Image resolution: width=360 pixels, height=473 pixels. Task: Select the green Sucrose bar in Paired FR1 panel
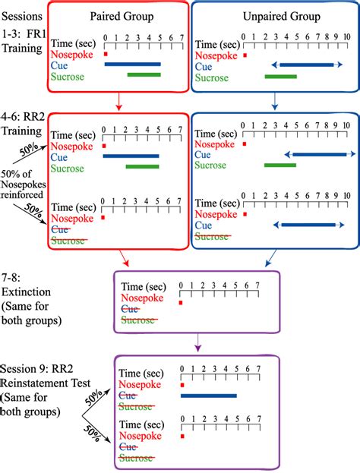coord(144,74)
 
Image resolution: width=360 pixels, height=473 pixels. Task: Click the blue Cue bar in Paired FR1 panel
coord(132,64)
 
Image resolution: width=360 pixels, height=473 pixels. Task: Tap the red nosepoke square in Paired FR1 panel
coord(106,54)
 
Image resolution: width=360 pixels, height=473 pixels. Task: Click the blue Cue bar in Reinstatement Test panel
coord(209,395)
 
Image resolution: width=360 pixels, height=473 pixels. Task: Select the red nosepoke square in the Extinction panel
coord(181,303)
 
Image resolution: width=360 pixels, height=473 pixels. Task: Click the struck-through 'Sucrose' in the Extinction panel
coord(139,320)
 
